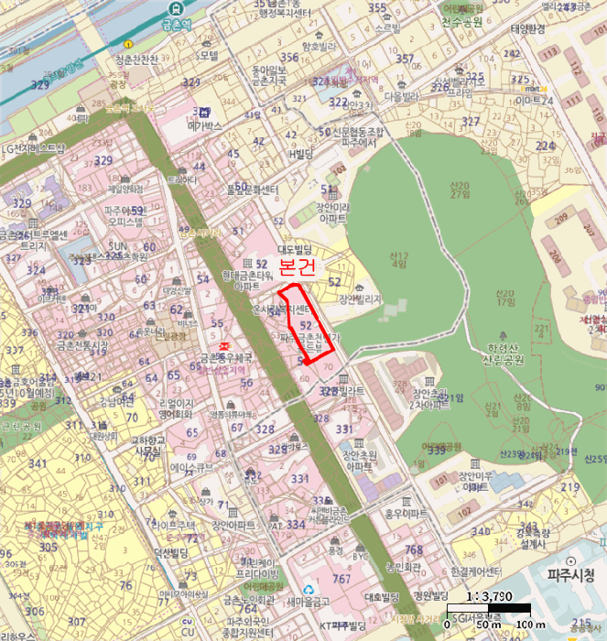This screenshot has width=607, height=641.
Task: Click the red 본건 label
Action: click(x=297, y=268)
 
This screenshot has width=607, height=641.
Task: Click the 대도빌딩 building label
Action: click(x=295, y=249)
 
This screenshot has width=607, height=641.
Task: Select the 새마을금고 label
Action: click(x=306, y=601)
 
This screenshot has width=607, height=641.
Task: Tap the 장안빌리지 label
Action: click(x=358, y=299)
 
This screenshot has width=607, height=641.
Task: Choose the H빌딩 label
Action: click(x=299, y=154)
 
